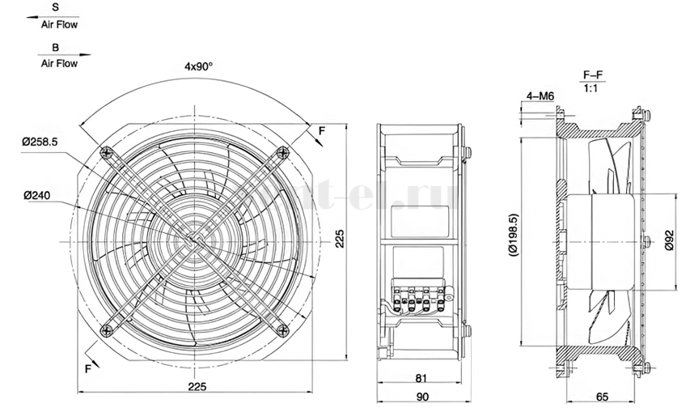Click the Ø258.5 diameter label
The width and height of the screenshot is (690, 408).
(40, 142)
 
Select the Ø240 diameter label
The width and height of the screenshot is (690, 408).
(37, 195)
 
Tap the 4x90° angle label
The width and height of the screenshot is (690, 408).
(198, 66)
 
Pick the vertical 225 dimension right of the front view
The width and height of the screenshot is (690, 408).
(340, 238)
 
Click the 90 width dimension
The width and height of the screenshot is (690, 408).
(422, 397)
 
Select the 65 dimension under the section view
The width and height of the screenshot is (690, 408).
(602, 397)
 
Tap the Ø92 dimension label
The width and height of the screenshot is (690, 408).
(669, 240)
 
